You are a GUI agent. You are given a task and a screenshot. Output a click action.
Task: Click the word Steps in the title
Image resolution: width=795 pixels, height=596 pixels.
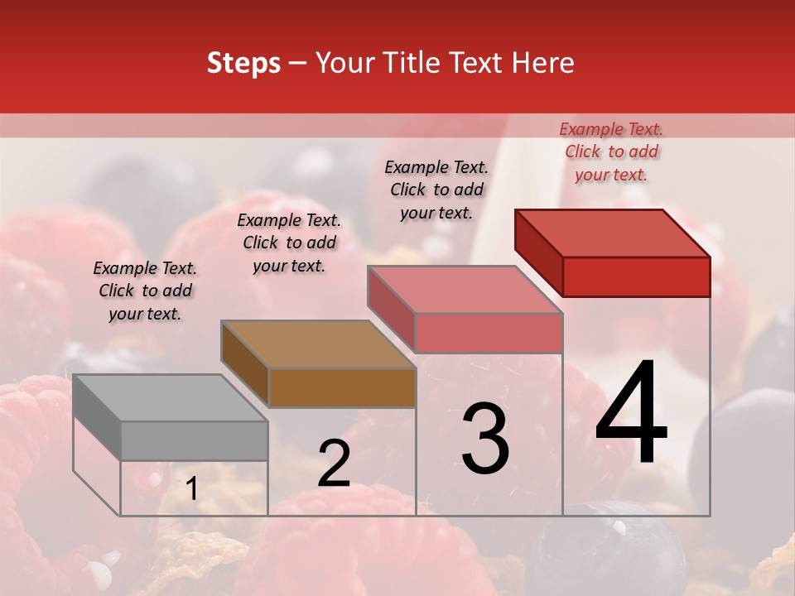tap(243, 63)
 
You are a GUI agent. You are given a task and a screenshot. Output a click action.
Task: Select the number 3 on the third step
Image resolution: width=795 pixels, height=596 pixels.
tap(485, 439)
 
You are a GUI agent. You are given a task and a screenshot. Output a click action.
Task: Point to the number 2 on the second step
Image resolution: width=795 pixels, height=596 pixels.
tap(334, 464)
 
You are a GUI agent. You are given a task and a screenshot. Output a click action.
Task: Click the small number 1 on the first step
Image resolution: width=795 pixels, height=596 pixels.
tap(191, 489)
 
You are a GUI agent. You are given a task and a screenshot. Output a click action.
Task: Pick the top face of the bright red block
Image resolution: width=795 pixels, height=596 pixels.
tap(613, 233)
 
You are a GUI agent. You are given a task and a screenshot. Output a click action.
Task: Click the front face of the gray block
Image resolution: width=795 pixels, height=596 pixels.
tap(194, 440)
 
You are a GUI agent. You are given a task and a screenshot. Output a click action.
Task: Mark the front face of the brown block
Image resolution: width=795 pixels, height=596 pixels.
tap(342, 387)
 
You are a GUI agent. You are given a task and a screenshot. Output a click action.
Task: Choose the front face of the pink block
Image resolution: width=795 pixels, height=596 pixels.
tap(489, 333)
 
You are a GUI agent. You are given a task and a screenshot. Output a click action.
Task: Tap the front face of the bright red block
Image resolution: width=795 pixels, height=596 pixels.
tap(636, 276)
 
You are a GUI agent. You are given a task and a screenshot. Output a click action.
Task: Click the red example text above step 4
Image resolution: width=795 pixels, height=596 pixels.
tap(611, 151)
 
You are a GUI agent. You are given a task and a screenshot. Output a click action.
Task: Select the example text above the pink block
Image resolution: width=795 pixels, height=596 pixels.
tap(436, 190)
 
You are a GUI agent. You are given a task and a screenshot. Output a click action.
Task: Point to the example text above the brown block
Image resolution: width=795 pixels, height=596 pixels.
tap(289, 243)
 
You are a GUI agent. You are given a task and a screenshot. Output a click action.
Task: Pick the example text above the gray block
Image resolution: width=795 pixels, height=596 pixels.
tap(145, 291)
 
